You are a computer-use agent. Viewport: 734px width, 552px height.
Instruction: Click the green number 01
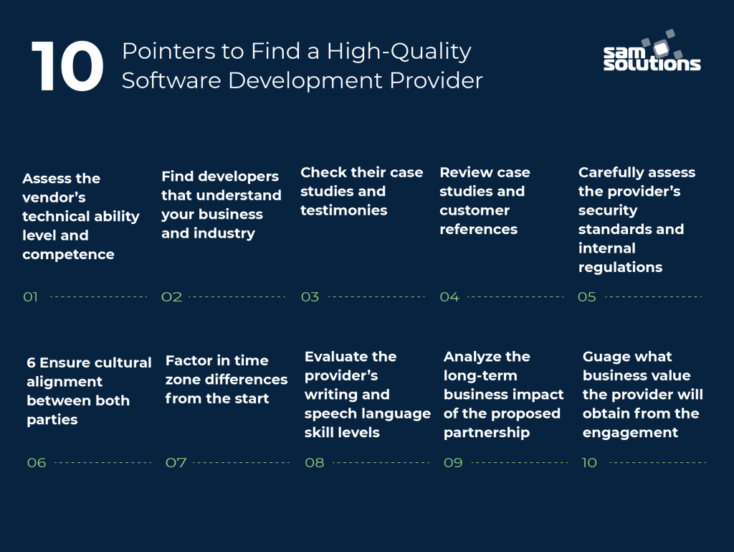coord(31,296)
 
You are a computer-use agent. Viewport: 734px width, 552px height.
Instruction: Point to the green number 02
coord(171,296)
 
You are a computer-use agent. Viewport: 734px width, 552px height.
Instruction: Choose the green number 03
coord(310,296)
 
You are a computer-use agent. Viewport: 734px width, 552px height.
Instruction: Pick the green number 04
coord(449,296)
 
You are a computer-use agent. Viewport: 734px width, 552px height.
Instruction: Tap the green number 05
coord(587,296)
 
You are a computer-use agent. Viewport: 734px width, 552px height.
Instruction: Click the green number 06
coord(37,463)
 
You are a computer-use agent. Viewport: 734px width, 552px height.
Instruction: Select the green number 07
coord(176,463)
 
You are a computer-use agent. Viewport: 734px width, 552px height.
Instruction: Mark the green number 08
coord(315,463)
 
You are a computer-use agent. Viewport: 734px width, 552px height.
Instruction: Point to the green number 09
coord(453,463)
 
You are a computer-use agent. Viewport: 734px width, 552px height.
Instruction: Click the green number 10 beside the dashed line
coord(589,463)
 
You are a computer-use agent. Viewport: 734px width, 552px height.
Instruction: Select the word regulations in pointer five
coord(620,267)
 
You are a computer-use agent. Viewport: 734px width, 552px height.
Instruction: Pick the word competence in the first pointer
coord(68,254)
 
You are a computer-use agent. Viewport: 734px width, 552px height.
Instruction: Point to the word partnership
coord(487,432)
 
